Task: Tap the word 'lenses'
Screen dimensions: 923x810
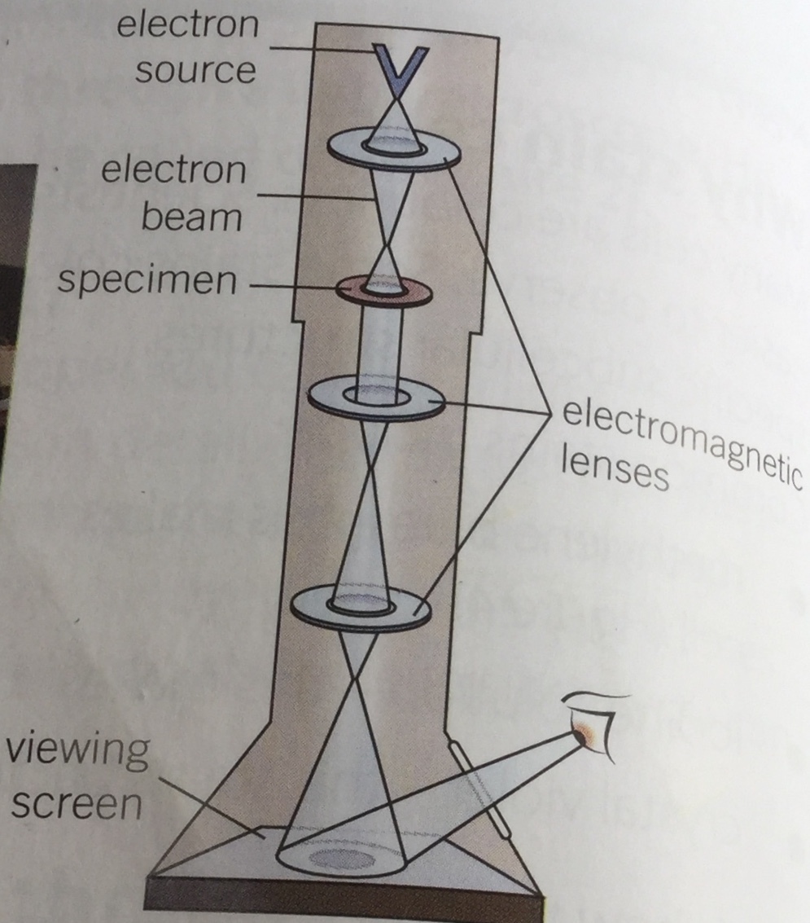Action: click(x=615, y=470)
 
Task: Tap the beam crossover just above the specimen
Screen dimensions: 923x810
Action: click(x=385, y=244)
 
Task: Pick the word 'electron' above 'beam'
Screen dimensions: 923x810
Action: click(x=175, y=170)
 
